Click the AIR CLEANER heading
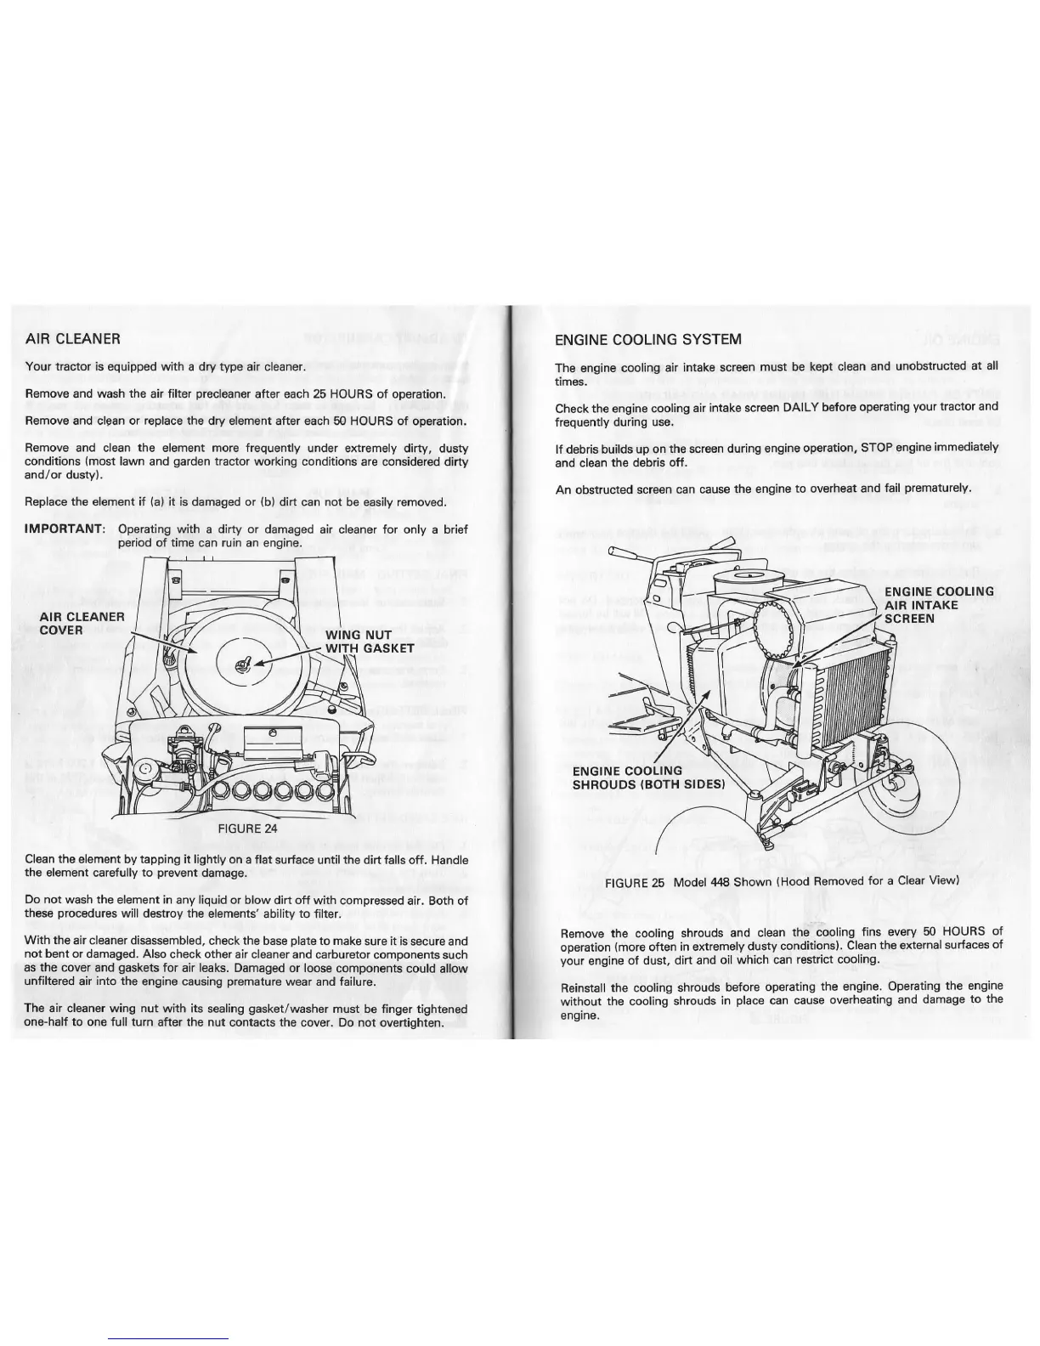click(73, 338)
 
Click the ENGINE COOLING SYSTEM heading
click(648, 339)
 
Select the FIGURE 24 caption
click(247, 828)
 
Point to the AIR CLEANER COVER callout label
click(82, 623)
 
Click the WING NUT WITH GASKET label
click(370, 642)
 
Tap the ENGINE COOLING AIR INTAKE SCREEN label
click(939, 605)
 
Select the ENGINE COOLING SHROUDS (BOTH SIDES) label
click(647, 778)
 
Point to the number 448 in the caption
click(721, 881)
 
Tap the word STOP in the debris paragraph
click(875, 447)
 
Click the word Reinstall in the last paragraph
click(588, 986)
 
